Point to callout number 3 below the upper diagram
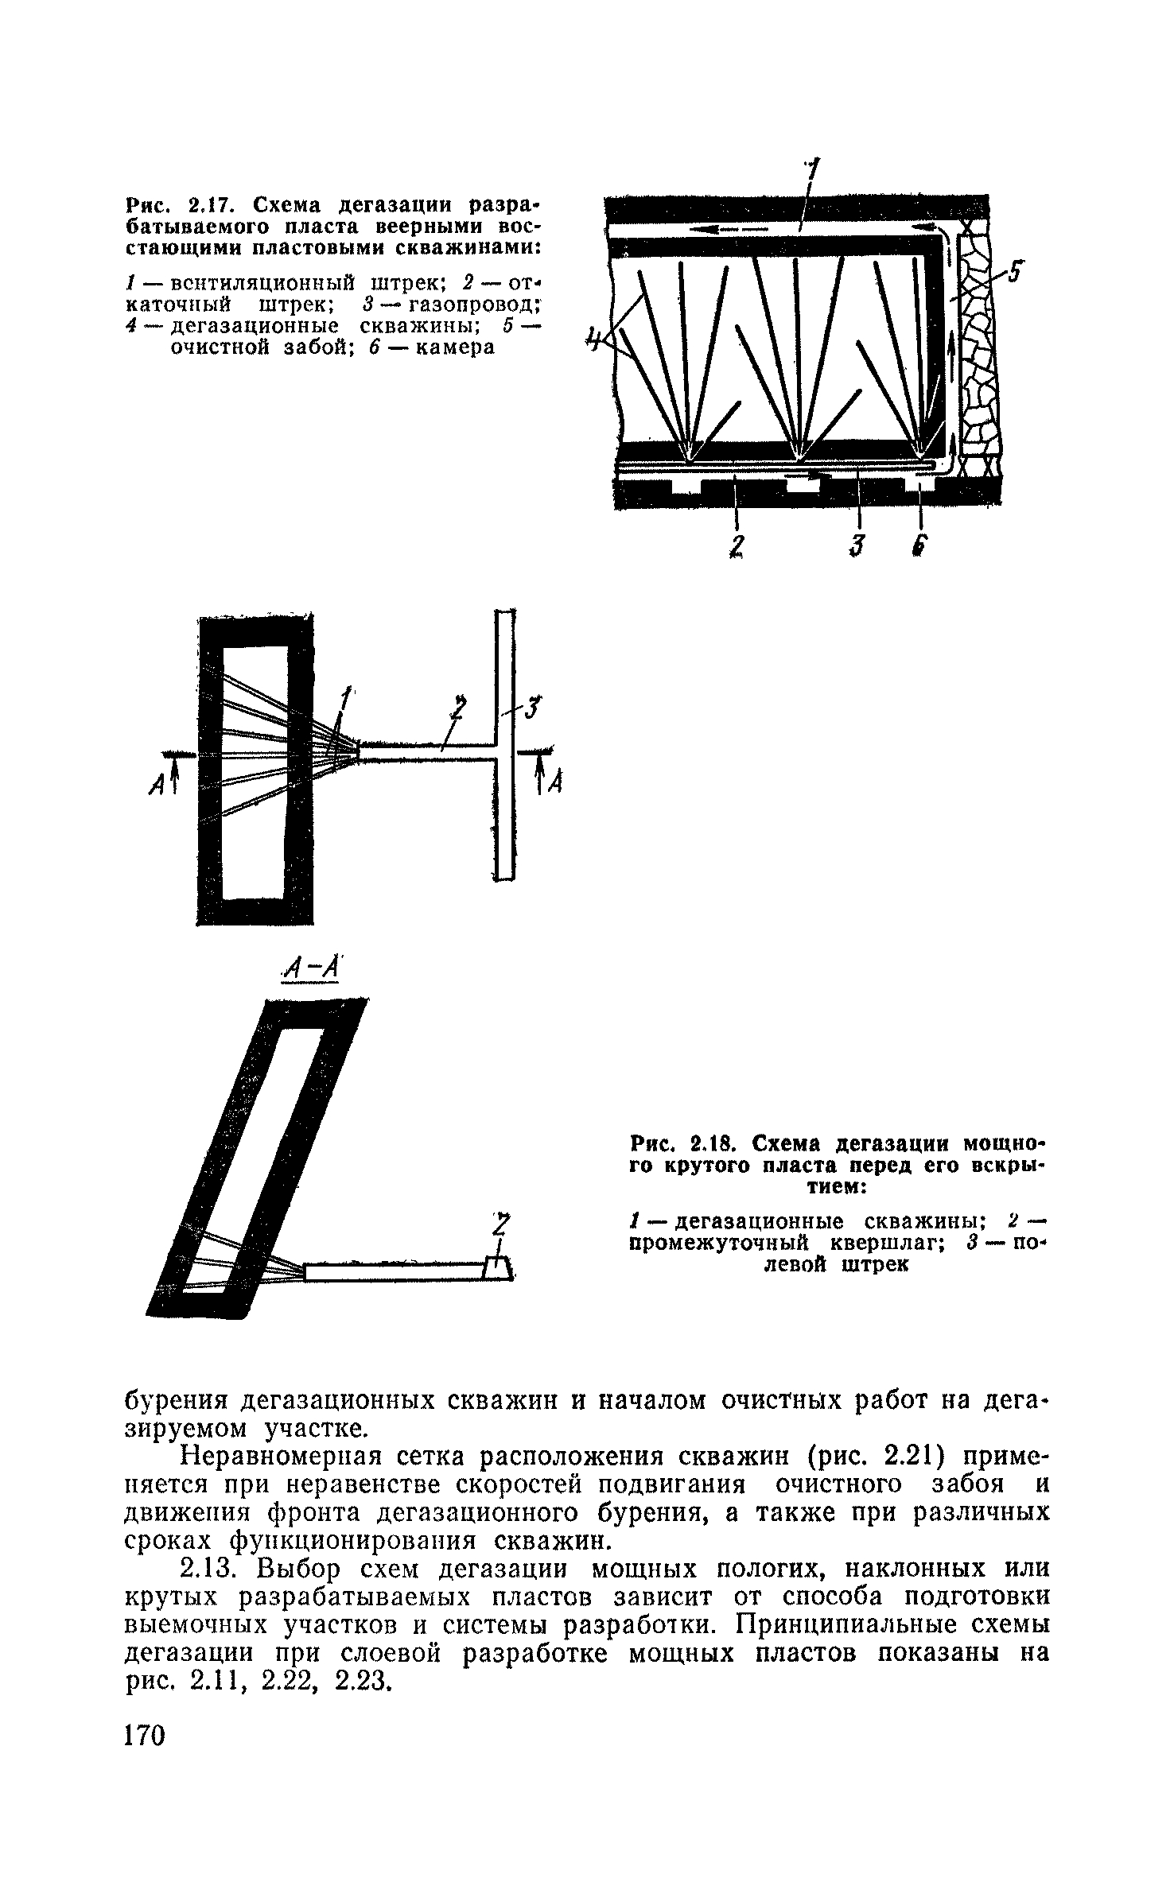856,545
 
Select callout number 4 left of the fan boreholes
592,342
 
